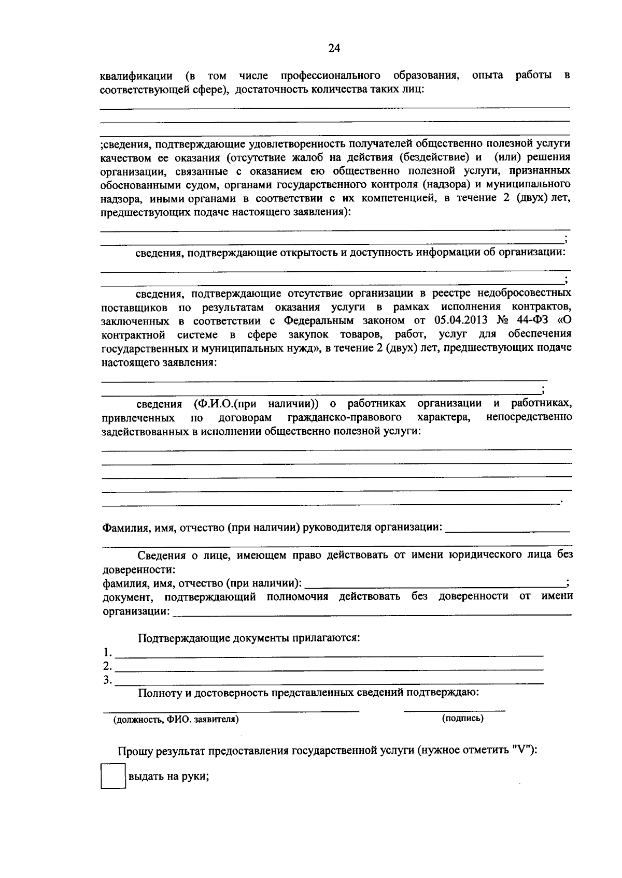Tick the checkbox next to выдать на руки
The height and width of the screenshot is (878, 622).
pos(114,777)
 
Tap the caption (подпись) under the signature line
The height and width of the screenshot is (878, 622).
pos(462,719)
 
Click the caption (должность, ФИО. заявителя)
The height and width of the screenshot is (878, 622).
pos(176,719)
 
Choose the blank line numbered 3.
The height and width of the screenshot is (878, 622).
pos(329,683)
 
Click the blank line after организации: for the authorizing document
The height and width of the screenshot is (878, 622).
pos(371,613)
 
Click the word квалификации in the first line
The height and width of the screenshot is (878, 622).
pos(136,76)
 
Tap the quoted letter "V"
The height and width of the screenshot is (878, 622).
pos(522,751)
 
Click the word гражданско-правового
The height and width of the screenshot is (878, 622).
pos(345,417)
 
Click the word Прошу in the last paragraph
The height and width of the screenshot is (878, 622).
pos(135,751)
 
